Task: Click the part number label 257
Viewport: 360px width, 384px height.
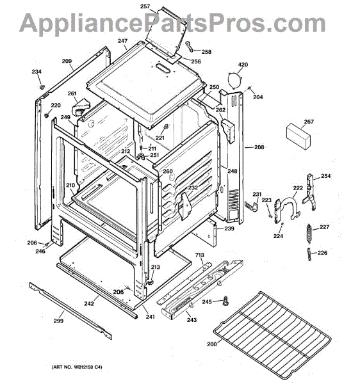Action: click(x=145, y=6)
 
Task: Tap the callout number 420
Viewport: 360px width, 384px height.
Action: click(x=243, y=65)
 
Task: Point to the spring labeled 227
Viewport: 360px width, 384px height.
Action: click(x=309, y=234)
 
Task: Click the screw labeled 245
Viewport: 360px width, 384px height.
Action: click(x=225, y=301)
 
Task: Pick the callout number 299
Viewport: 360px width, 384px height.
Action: click(x=58, y=321)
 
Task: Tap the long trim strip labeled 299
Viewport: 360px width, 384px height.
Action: click(x=70, y=310)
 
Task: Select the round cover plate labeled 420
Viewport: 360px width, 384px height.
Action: click(x=235, y=81)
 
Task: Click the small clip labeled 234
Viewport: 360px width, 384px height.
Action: click(x=42, y=86)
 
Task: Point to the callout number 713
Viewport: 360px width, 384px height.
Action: click(x=199, y=255)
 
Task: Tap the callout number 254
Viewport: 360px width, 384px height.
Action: click(x=325, y=176)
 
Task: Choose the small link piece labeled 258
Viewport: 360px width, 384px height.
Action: click(x=190, y=47)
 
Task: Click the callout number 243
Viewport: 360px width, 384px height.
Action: click(x=192, y=320)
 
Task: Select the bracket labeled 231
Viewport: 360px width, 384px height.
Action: click(x=252, y=206)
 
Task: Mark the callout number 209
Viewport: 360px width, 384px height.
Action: click(x=67, y=61)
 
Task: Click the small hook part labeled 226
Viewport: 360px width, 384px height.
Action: click(x=309, y=254)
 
